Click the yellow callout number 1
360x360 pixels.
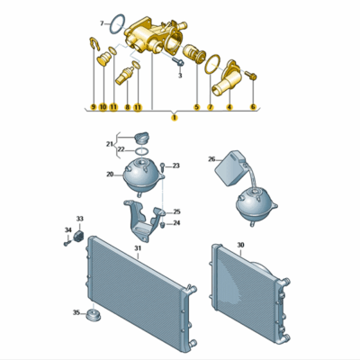(x=175, y=118)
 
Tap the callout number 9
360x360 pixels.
(x=94, y=106)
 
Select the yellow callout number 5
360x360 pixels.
(x=196, y=106)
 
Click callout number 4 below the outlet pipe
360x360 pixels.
(x=229, y=106)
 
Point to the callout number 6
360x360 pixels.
(x=253, y=106)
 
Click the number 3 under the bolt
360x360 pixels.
(x=180, y=76)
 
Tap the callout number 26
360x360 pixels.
(x=211, y=159)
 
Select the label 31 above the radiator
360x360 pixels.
(x=138, y=248)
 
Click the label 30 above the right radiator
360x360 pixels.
(x=240, y=245)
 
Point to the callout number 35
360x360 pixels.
(x=76, y=312)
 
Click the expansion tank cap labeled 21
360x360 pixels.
(x=141, y=138)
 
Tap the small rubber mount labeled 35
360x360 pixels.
(x=93, y=315)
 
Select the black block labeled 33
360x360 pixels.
(x=78, y=236)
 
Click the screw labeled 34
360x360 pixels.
(x=67, y=243)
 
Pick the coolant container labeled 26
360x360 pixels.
(x=230, y=167)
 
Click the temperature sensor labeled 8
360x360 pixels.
(x=125, y=76)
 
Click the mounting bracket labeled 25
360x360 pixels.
(x=144, y=220)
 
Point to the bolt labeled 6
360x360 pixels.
(x=251, y=76)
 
